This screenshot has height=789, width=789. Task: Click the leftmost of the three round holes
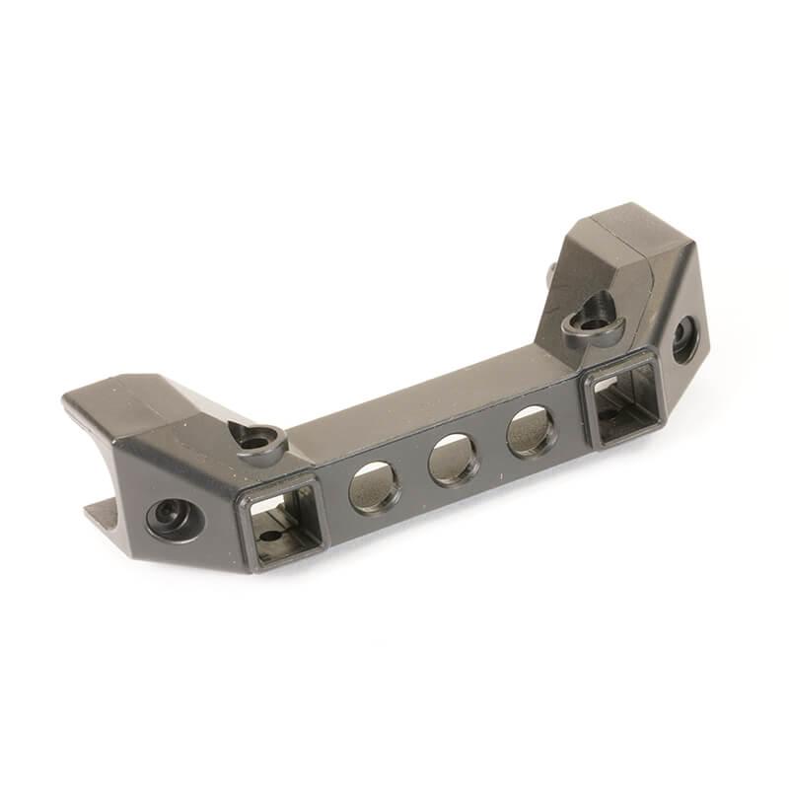[375, 486]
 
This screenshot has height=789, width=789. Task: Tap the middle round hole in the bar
[454, 460]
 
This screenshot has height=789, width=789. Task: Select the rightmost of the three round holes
[532, 431]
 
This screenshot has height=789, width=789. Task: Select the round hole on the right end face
[684, 340]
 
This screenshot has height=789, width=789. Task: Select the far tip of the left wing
[71, 401]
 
